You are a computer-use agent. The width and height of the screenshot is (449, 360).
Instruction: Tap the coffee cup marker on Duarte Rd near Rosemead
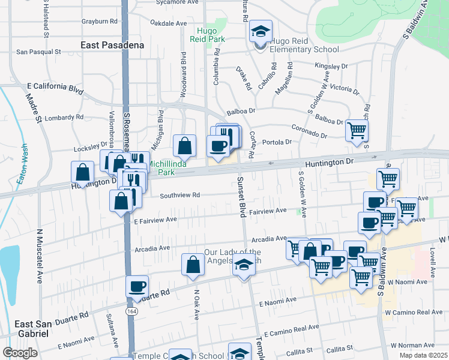pyautogui.click(x=137, y=287)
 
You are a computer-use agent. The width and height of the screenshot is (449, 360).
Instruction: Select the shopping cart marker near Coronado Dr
pyautogui.click(x=357, y=130)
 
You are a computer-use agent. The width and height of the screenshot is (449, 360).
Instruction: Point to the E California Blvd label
pyautogui.click(x=55, y=87)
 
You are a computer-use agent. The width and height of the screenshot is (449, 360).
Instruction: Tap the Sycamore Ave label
pyautogui.click(x=177, y=2)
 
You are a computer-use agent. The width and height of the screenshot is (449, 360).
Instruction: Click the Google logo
pyautogui.click(x=20, y=353)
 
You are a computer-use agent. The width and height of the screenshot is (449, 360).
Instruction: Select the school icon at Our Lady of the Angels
pyautogui.click(x=243, y=265)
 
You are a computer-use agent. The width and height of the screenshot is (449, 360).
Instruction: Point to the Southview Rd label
pyautogui.click(x=179, y=195)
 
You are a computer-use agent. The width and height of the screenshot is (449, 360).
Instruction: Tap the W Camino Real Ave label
pyautogui.click(x=414, y=313)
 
